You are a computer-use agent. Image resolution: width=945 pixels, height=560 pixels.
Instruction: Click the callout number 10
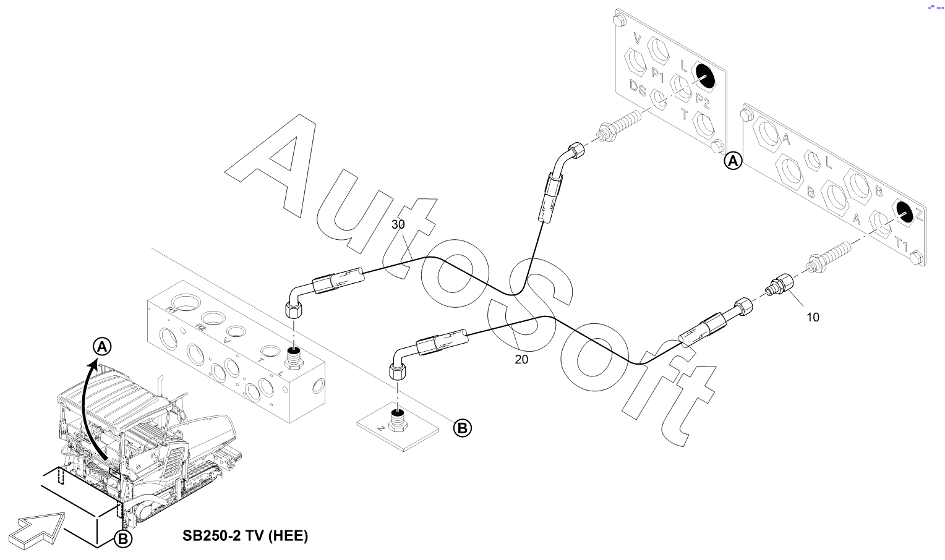coord(813,317)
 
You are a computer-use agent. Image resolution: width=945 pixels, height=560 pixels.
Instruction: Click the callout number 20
coord(521,359)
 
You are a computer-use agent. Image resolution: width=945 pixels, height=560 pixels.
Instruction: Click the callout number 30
coord(398,224)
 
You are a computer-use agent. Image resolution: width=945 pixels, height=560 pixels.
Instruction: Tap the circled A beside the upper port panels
coord(733,161)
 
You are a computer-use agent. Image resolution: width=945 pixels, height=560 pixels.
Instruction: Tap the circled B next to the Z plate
coord(463,428)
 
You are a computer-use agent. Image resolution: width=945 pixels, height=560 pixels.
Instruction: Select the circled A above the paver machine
coord(102,347)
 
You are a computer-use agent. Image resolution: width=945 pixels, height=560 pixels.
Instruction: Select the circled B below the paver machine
coord(123,539)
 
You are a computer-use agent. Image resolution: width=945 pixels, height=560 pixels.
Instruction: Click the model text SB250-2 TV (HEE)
coord(245,535)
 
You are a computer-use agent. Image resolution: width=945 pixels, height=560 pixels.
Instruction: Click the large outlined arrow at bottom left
coord(37,528)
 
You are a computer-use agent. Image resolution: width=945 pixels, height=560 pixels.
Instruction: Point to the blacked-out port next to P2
coord(703,76)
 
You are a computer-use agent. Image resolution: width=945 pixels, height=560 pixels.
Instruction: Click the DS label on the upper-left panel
coord(638,88)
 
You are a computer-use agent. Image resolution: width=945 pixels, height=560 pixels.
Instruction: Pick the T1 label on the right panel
coord(902,245)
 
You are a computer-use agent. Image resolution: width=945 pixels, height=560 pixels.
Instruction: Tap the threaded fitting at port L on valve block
coord(295,357)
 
